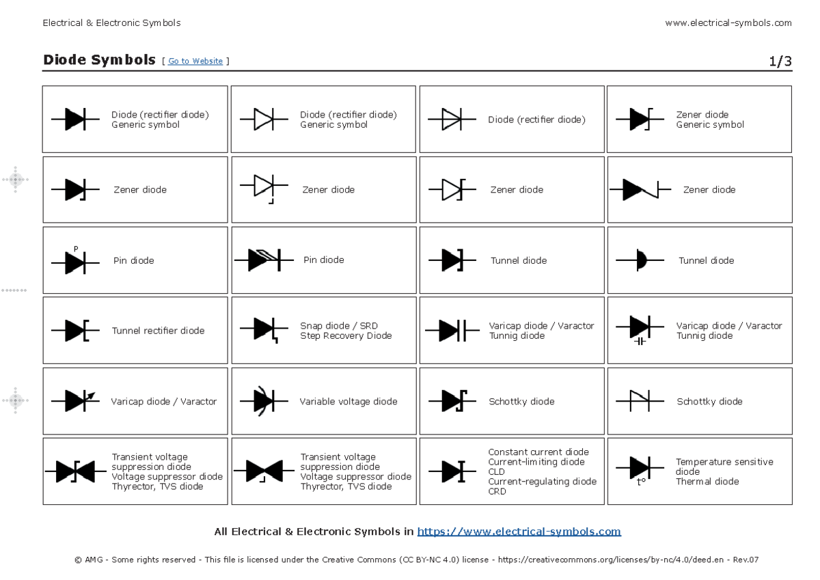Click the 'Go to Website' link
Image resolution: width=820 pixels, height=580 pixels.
pyautogui.click(x=195, y=61)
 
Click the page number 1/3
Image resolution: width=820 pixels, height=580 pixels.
pyautogui.click(x=780, y=61)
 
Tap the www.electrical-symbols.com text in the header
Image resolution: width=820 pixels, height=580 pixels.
pyautogui.click(x=728, y=23)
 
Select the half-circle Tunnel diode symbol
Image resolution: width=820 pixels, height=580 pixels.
pyautogui.click(x=640, y=260)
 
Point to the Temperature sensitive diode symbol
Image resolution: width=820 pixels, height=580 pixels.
pyautogui.click(x=640, y=469)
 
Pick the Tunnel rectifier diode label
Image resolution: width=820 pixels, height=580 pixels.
pyautogui.click(x=158, y=331)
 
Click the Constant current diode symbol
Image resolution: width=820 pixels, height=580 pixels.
pyautogui.click(x=452, y=471)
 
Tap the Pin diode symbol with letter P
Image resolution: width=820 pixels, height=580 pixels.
pyautogui.click(x=75, y=260)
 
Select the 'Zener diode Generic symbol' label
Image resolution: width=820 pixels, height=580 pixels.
pyautogui.click(x=710, y=120)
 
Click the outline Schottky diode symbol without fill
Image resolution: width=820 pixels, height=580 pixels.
pyautogui.click(x=640, y=402)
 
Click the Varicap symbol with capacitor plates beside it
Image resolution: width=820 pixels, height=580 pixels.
pyautogui.click(x=452, y=331)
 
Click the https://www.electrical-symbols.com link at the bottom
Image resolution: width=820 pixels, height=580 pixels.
pyautogui.click(x=519, y=531)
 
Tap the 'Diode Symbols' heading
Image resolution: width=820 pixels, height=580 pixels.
pyautogui.click(x=99, y=60)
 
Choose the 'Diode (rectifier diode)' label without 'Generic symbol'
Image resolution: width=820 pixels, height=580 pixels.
pyautogui.click(x=536, y=120)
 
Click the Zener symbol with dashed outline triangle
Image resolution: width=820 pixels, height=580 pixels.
pyautogui.click(x=264, y=187)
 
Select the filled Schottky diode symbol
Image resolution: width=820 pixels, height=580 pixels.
pyautogui.click(x=452, y=401)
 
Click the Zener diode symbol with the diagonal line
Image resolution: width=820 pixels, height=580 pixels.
pyautogui.click(x=640, y=190)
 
